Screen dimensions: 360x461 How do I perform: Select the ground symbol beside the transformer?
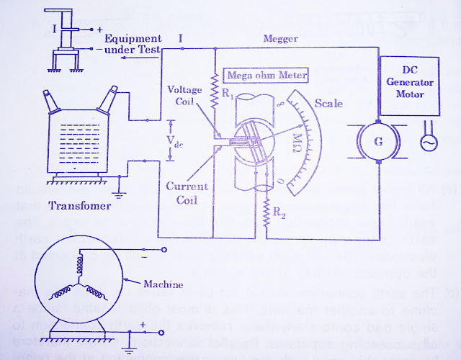click(x=118, y=192)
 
